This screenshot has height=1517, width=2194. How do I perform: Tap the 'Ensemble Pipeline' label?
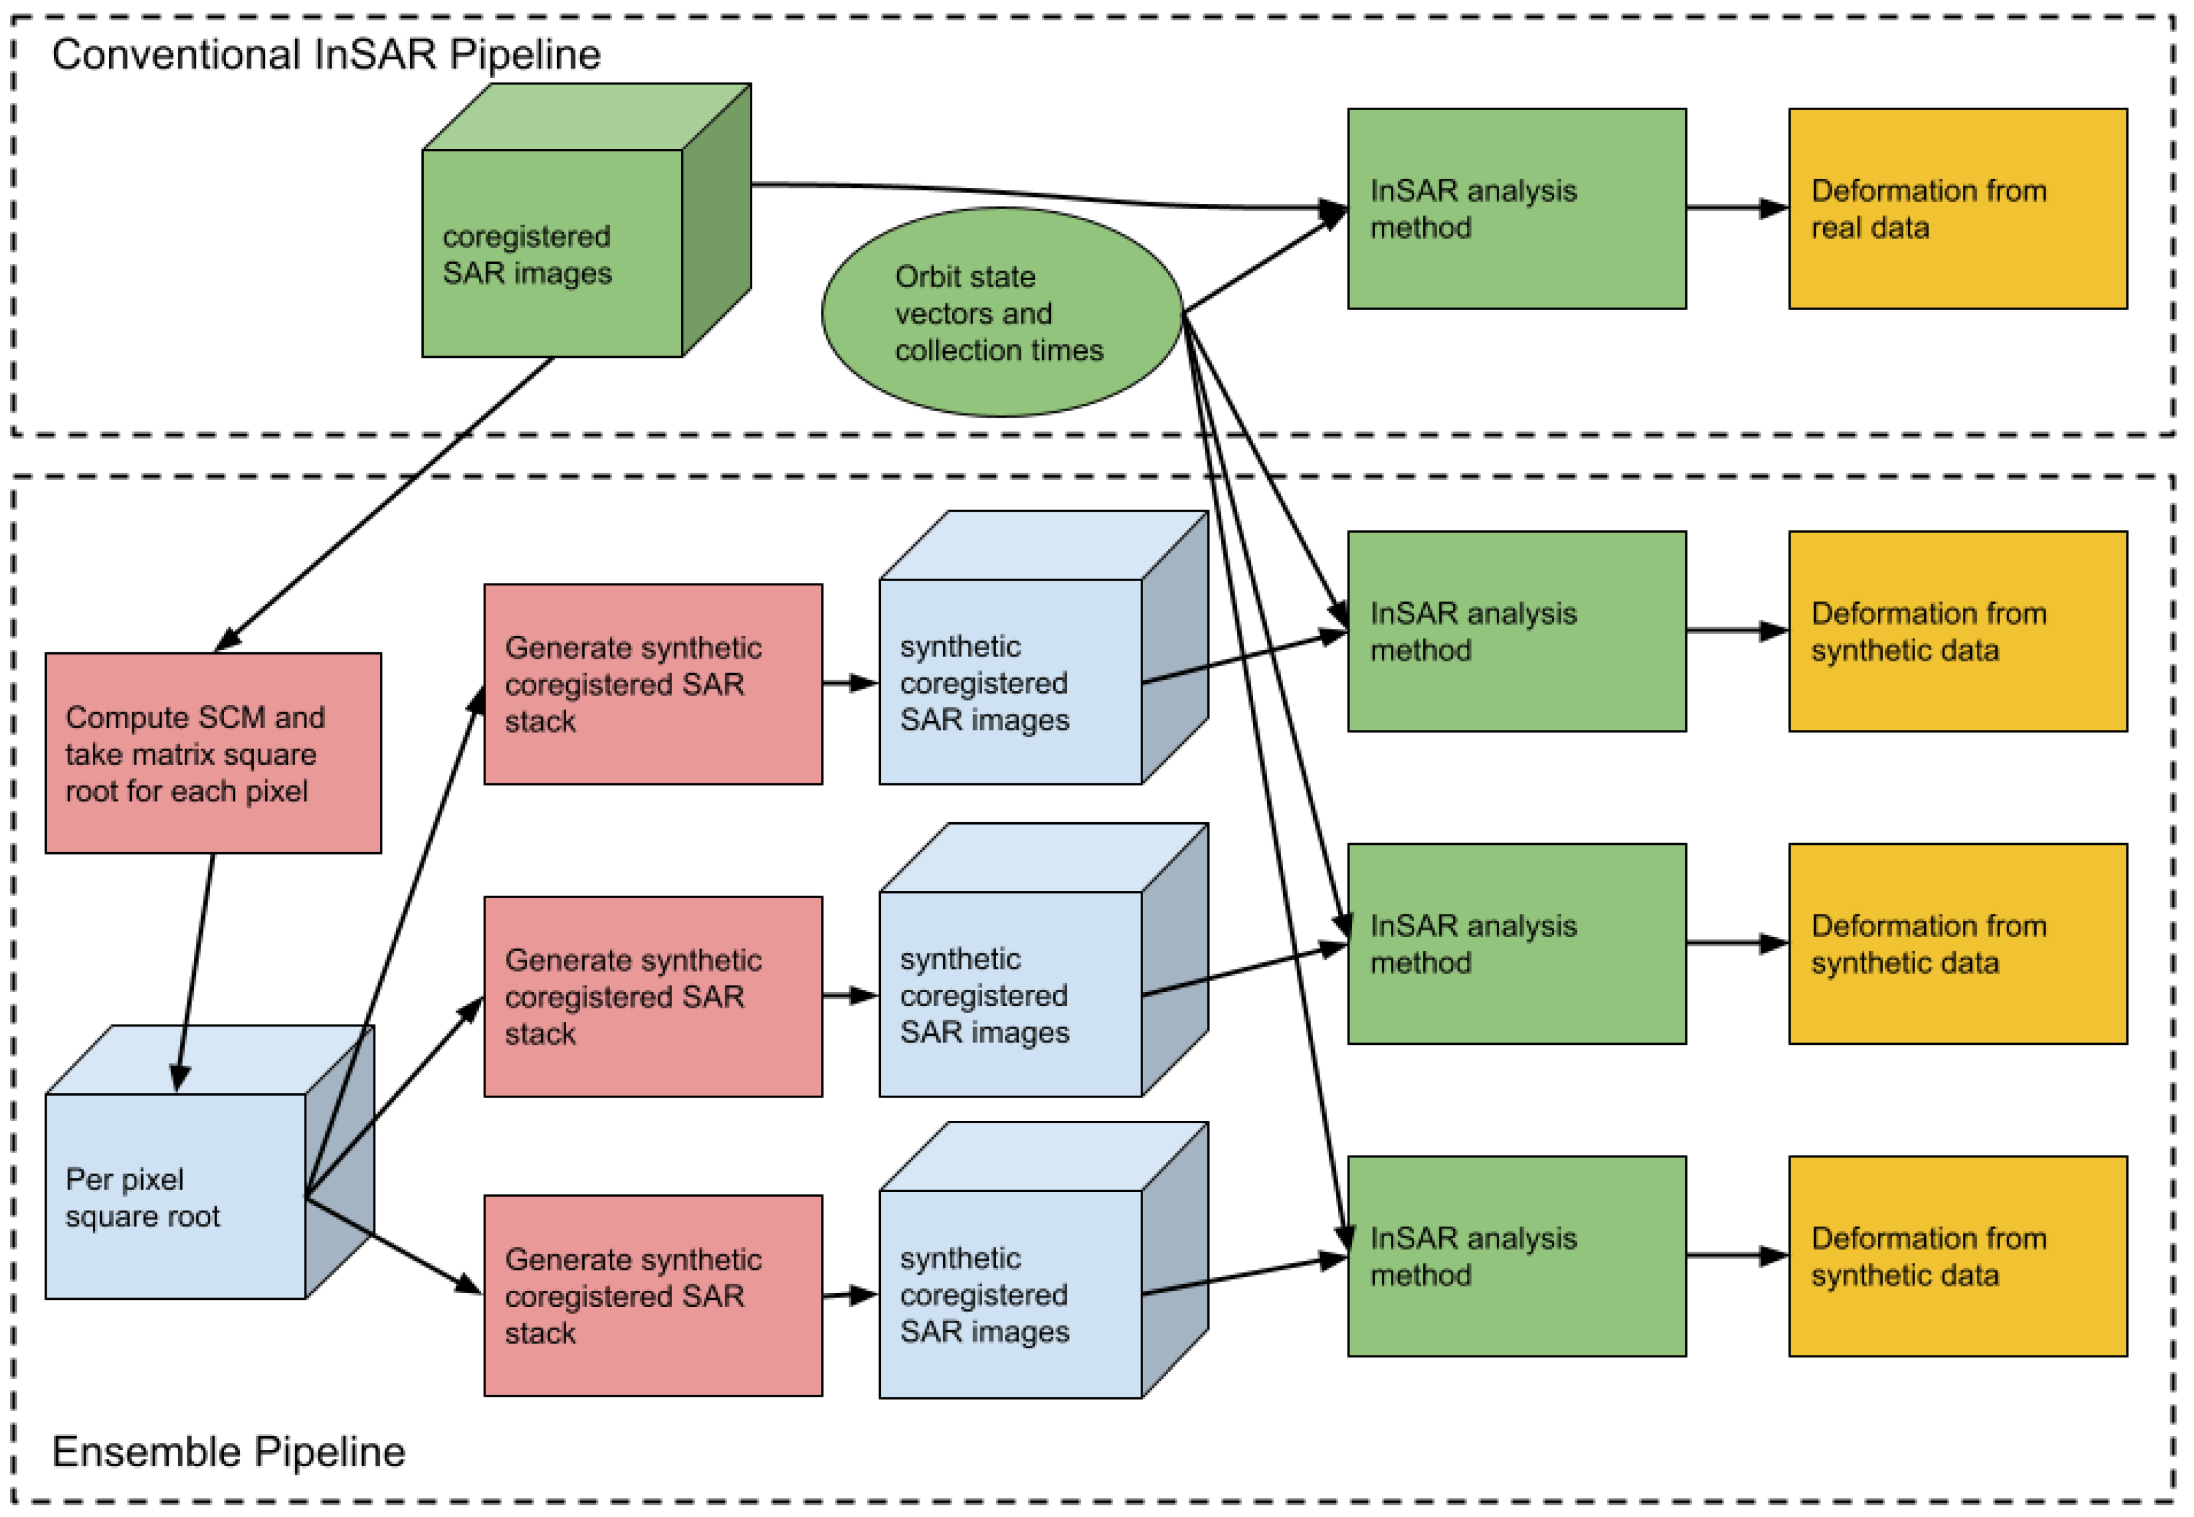(228, 1451)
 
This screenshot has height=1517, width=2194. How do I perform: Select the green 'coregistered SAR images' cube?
(551, 253)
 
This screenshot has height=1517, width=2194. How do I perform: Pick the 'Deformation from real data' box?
(1956, 208)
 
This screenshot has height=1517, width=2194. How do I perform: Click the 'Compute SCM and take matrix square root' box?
(213, 753)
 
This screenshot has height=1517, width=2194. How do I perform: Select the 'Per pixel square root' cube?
(176, 1196)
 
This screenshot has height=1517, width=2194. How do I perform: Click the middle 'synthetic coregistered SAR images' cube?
(1010, 993)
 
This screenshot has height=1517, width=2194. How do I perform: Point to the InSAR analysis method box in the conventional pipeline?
(1515, 208)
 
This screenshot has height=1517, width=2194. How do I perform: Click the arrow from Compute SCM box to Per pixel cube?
(195, 969)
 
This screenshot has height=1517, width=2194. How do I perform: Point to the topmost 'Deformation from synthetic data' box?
(1956, 631)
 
